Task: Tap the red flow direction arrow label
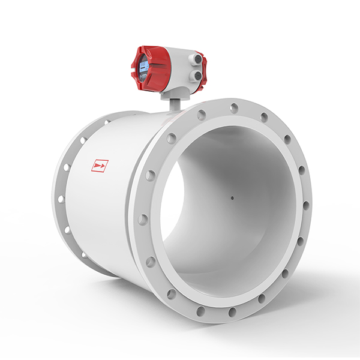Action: tap(100, 165)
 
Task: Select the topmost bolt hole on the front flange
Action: tap(234, 108)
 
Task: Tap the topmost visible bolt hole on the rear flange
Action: tap(107, 122)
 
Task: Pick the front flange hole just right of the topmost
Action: tap(263, 118)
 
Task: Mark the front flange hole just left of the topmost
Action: tap(202, 115)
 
